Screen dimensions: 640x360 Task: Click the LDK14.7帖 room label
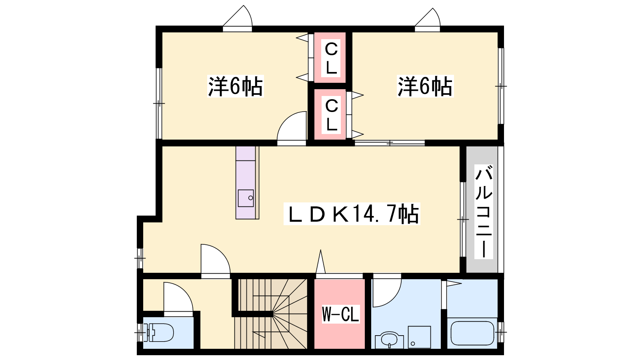click(x=352, y=214)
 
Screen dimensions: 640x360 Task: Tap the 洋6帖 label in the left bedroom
click(x=235, y=86)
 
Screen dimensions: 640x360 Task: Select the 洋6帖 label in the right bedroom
click(x=425, y=86)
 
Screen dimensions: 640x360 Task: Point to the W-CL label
click(x=340, y=314)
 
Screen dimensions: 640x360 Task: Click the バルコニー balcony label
click(x=484, y=212)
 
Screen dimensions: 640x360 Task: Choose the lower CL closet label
click(x=332, y=115)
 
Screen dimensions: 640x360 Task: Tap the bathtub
click(x=472, y=333)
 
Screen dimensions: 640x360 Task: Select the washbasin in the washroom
click(x=389, y=340)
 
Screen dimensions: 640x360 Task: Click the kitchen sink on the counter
click(x=246, y=198)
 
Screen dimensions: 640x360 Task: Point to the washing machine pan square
click(x=419, y=337)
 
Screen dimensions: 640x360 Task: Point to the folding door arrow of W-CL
click(x=320, y=262)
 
